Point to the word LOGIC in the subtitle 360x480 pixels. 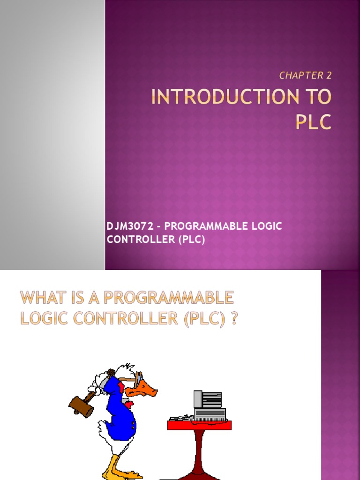pos(265,226)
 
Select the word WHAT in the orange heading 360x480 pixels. pos(42,298)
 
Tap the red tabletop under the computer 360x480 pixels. pos(199,425)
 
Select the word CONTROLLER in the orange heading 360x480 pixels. pos(112,319)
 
